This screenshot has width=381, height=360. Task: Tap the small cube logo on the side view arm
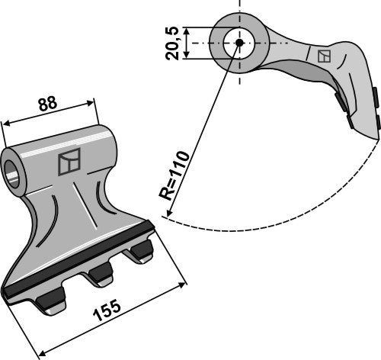coord(324,56)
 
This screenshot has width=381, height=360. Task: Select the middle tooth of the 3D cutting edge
coord(99,275)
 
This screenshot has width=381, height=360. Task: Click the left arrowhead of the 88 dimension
coord(5,125)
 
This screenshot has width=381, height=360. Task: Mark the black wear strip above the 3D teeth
coord(76,259)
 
